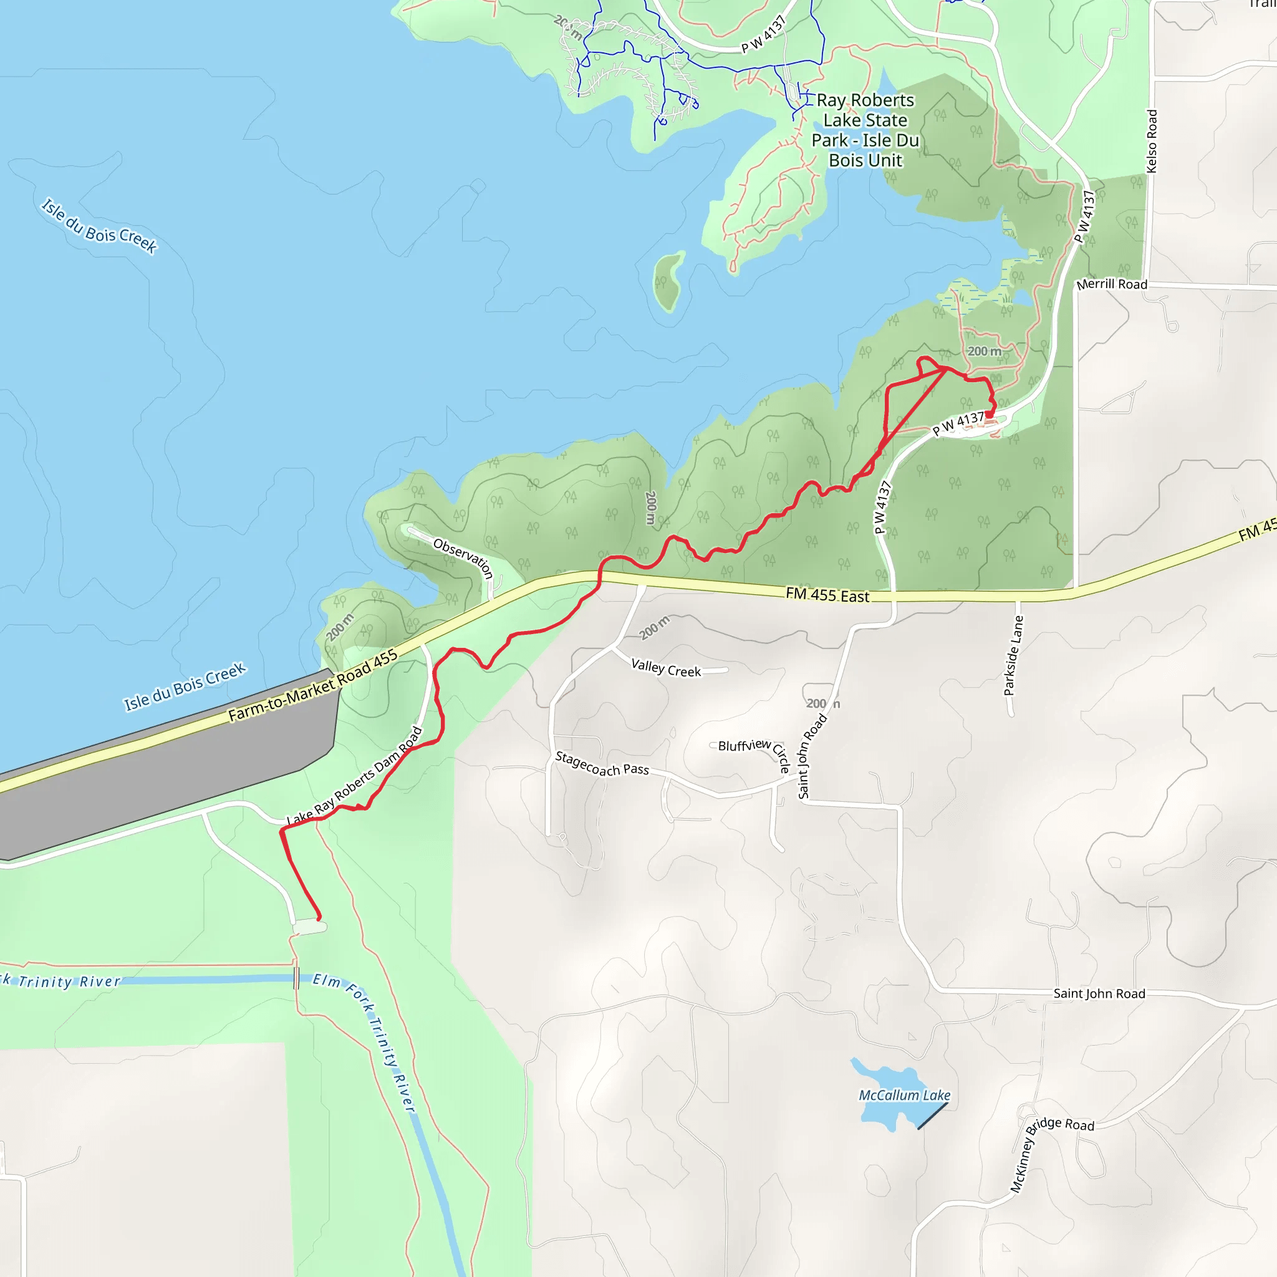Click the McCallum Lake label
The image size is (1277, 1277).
tap(904, 1095)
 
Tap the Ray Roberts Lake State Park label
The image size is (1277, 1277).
tap(865, 130)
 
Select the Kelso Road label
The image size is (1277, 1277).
tap(1152, 142)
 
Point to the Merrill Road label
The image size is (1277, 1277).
tap(1111, 284)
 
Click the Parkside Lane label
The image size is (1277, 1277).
tap(1013, 656)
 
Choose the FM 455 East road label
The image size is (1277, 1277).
tap(827, 595)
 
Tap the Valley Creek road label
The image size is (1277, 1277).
tap(665, 668)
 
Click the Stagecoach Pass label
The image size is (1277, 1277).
tap(602, 764)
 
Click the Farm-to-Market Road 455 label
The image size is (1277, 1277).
tap(312, 686)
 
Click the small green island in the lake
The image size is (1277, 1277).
tap(668, 281)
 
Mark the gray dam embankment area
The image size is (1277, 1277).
tap(165, 780)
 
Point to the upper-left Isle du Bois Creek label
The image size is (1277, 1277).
tap(99, 226)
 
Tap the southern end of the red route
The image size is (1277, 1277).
tap(319, 918)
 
